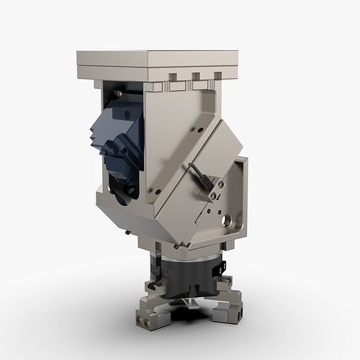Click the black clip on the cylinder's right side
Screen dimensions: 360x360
pos(218,269)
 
